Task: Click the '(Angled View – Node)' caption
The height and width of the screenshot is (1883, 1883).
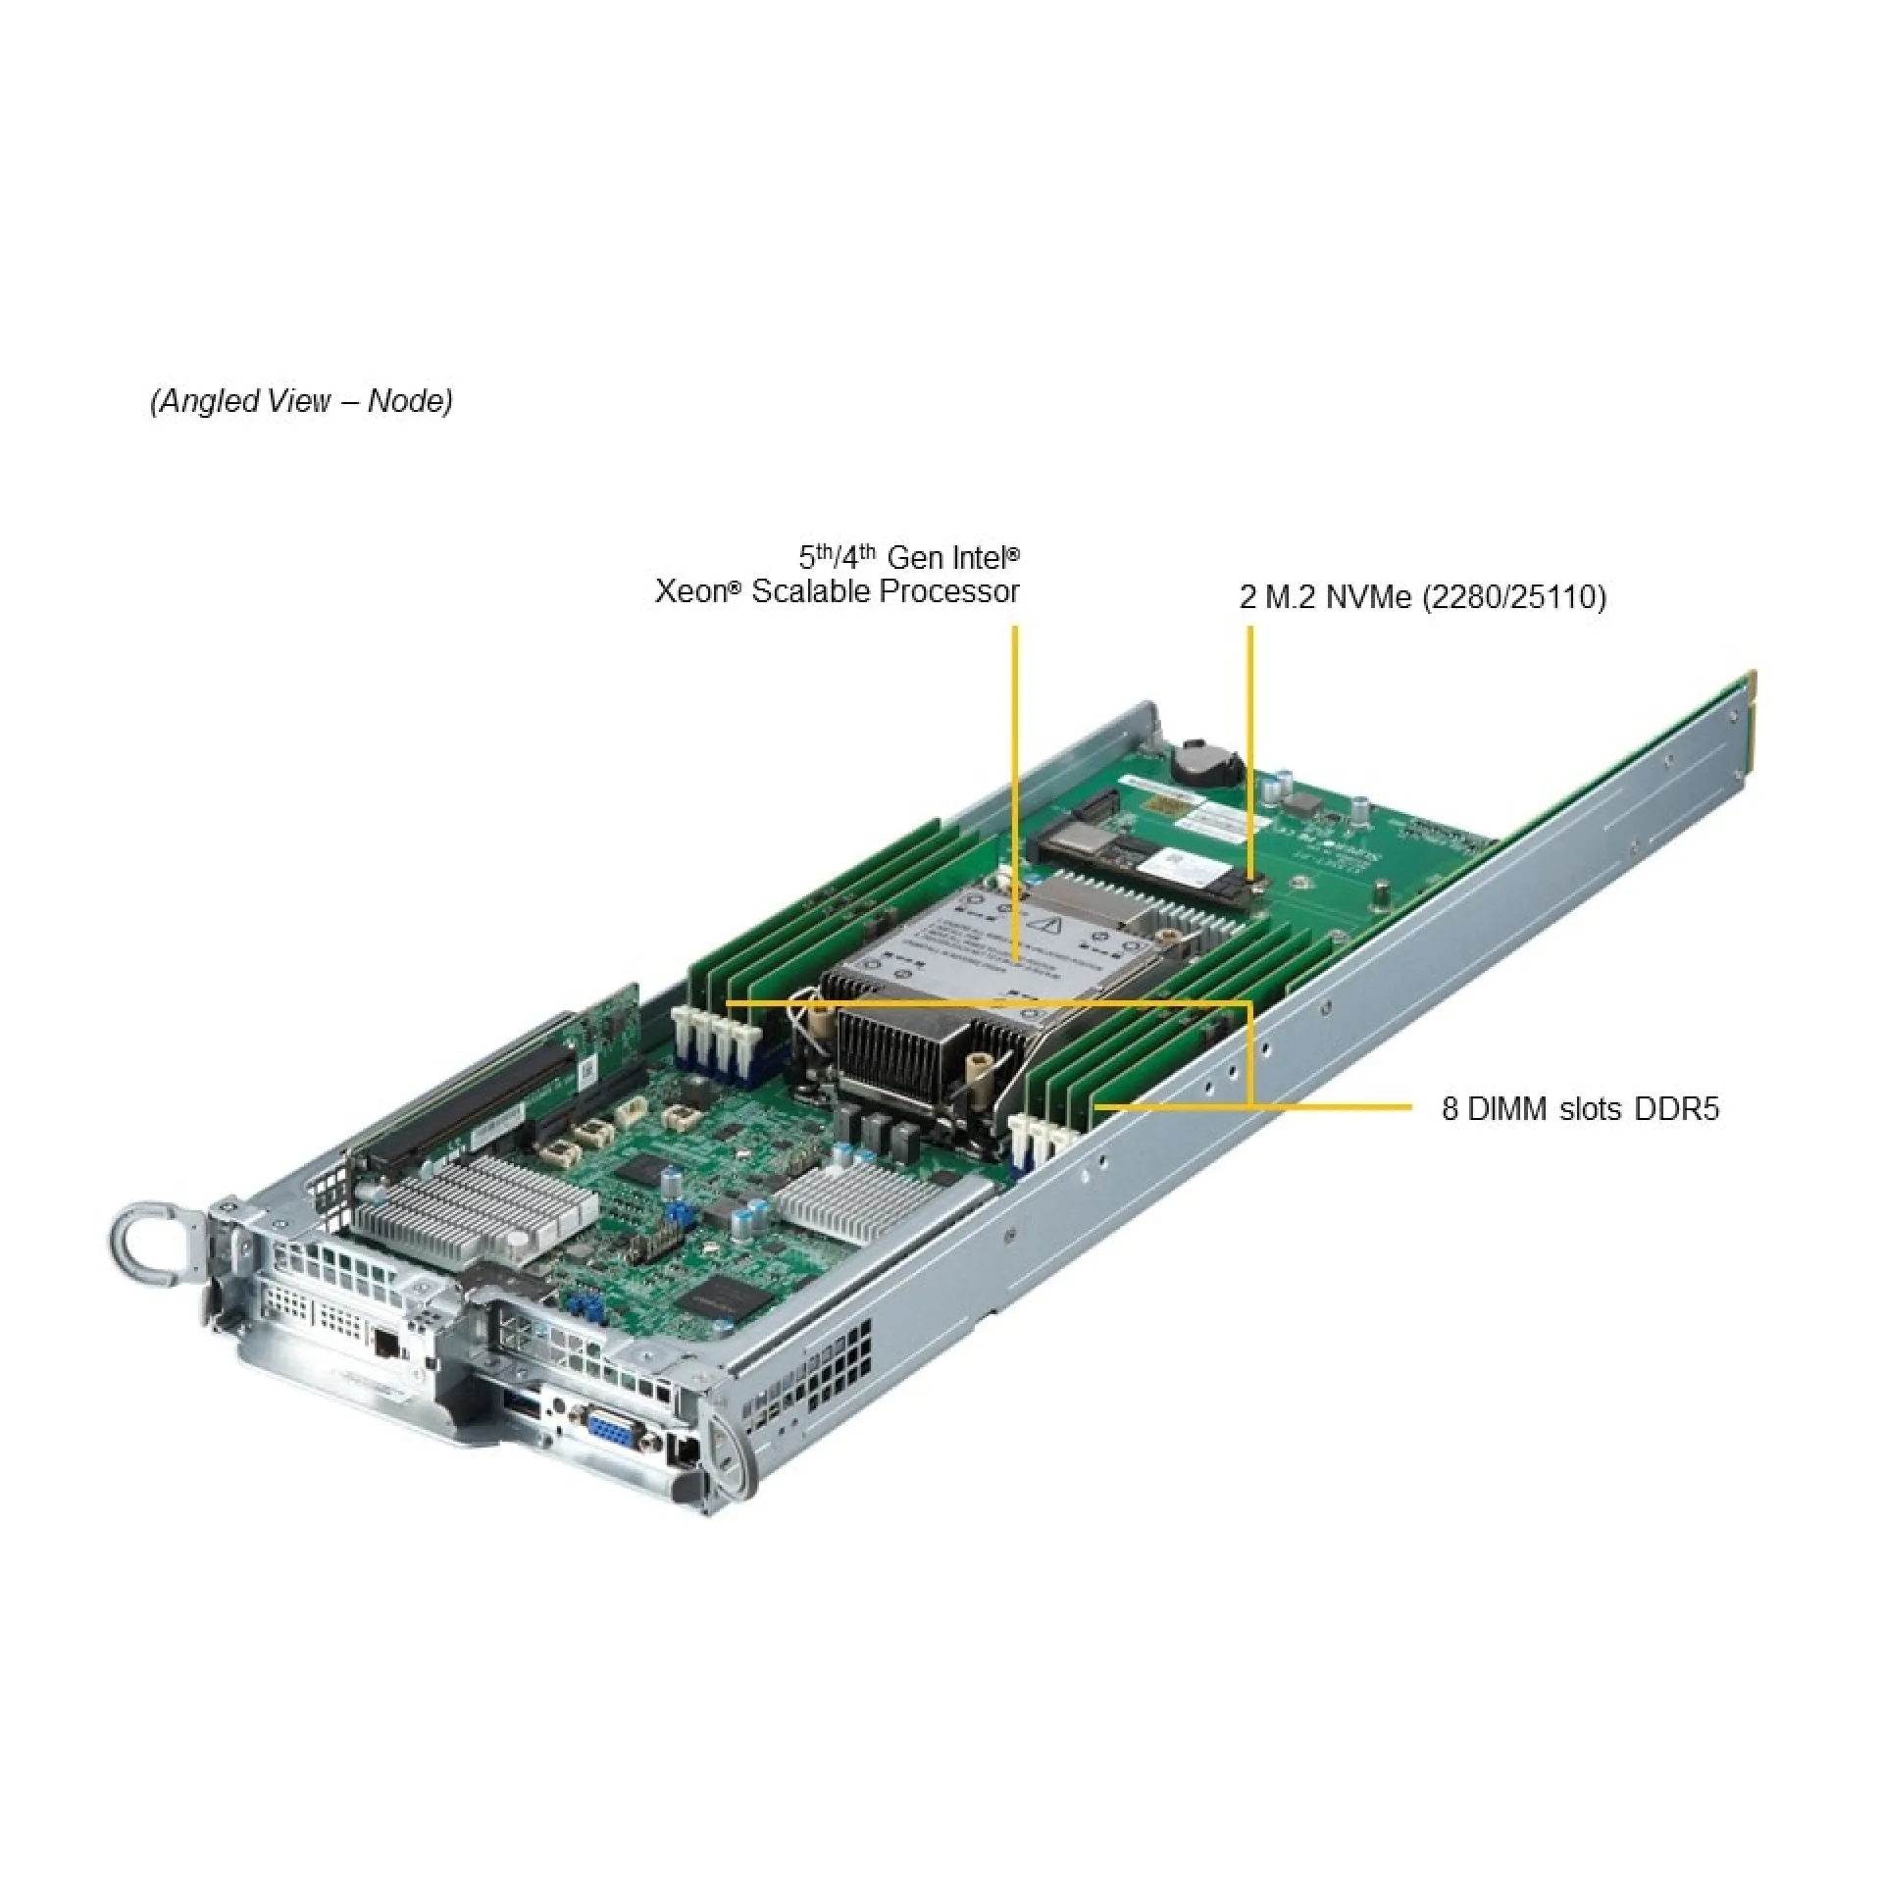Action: click(301, 401)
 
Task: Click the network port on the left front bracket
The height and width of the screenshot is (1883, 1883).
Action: click(386, 1343)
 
